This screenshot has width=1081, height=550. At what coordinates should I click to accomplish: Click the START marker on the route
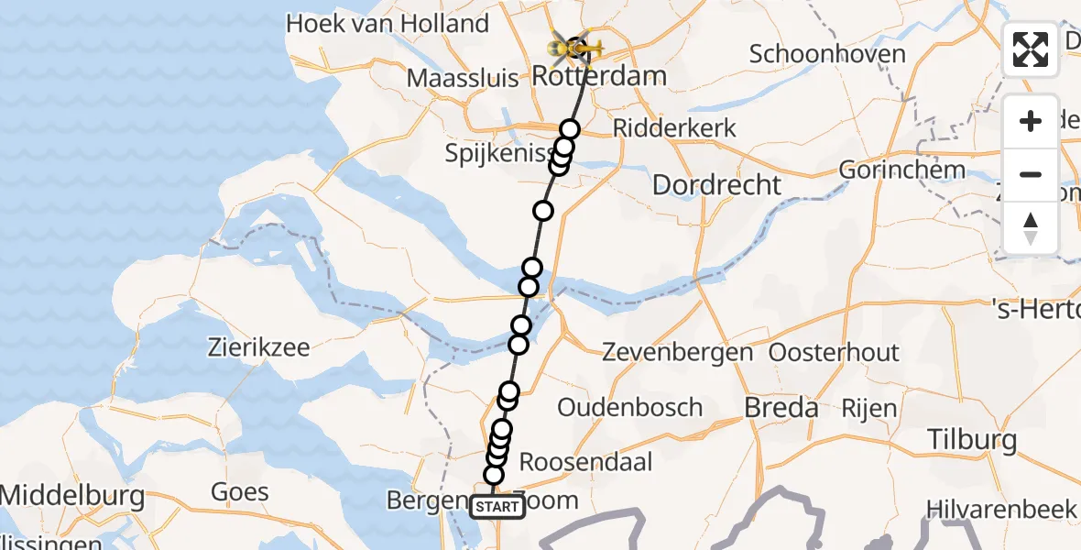click(497, 507)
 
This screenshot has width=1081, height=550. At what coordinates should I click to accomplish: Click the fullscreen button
click(1031, 49)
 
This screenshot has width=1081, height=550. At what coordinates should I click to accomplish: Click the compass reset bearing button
click(1031, 228)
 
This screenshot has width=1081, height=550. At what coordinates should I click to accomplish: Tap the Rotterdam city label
click(599, 75)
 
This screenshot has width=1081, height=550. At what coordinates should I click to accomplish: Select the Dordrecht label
click(716, 185)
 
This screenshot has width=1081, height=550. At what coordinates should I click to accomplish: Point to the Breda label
click(781, 408)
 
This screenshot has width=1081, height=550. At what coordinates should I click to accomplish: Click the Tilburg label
click(971, 440)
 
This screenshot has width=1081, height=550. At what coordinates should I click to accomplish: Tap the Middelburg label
click(72, 497)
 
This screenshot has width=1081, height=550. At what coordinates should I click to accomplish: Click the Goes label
click(240, 492)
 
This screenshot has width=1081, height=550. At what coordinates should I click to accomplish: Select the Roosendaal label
click(586, 461)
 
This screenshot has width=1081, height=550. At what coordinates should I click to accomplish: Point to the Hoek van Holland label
click(387, 24)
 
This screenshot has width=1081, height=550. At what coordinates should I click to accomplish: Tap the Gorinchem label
click(902, 170)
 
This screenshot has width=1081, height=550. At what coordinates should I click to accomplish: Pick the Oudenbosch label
click(630, 407)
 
